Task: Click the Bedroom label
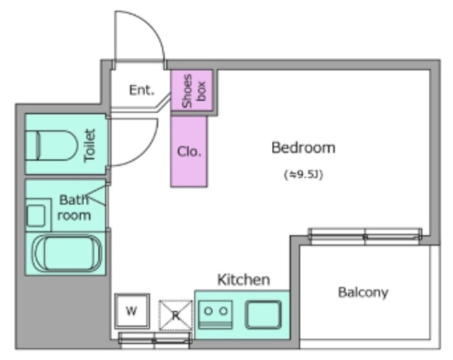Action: click(304, 148)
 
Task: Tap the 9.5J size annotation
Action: click(304, 175)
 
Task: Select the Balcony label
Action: click(363, 292)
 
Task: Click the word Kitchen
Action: click(243, 280)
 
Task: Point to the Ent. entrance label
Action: click(142, 90)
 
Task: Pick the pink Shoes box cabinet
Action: click(192, 91)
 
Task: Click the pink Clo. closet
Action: click(189, 151)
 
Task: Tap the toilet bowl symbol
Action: click(52, 145)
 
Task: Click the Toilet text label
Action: click(90, 145)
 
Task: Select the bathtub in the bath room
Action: click(67, 253)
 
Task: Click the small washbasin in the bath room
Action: click(36, 216)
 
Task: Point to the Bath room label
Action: click(74, 208)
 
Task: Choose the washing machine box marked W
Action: click(132, 311)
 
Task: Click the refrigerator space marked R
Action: click(176, 315)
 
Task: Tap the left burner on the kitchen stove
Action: click(208, 311)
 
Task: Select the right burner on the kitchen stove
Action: click(223, 311)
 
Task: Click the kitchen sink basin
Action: click(263, 315)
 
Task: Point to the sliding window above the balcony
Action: click(365, 236)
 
